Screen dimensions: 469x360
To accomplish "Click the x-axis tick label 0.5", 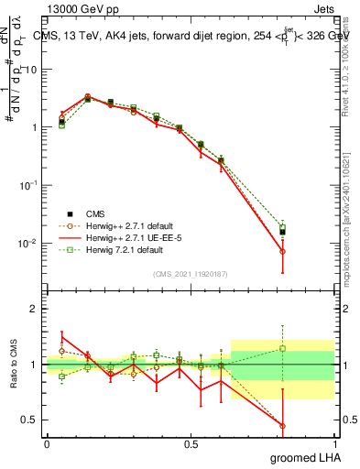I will click(191, 443).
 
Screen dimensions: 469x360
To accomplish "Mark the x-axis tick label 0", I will click(47, 443).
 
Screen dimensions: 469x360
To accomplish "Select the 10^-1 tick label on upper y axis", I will click(25, 185).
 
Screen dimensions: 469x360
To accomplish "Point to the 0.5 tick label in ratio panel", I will click(27, 420).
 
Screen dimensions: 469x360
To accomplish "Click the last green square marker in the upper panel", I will click(283, 227).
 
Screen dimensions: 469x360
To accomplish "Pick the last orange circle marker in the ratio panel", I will click(283, 426).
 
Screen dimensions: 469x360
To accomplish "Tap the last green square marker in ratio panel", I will click(283, 348).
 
